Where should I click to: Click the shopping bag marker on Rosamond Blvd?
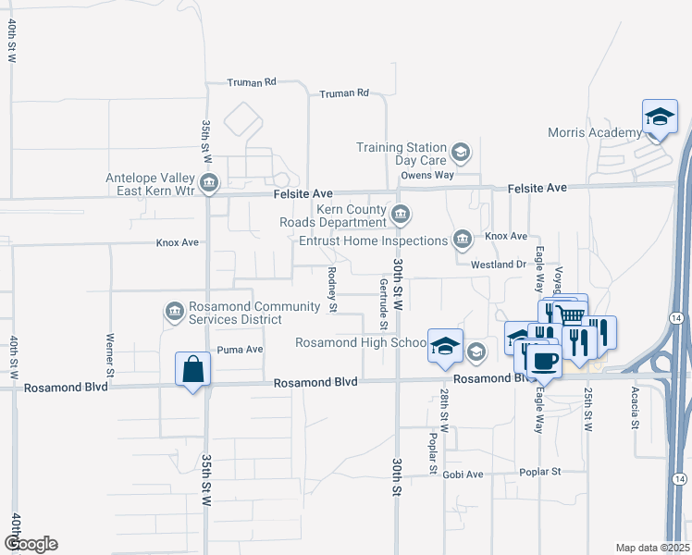(193, 370)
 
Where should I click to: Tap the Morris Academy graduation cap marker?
(658, 117)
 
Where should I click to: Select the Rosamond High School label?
(360, 342)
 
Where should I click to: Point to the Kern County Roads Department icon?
(401, 216)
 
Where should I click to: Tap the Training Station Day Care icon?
(460, 151)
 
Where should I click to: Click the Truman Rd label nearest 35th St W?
(253, 82)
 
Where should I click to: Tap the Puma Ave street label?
(241, 350)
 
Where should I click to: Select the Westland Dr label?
(498, 265)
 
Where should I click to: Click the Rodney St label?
(331, 290)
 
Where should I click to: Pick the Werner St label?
(110, 354)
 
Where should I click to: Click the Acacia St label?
(636, 407)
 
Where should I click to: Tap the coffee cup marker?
(545, 361)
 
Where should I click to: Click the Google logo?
(30, 544)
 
